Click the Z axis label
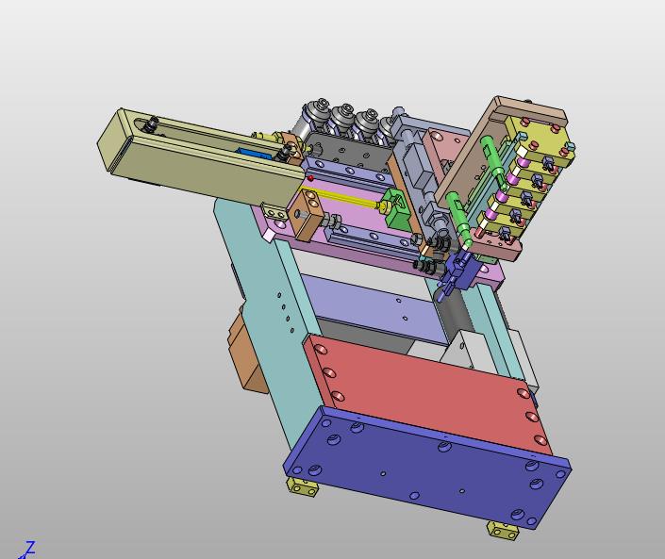coord(29,548)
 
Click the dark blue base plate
coord(426,467)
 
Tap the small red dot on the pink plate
coord(311,178)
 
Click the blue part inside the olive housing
coord(254,153)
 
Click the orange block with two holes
coord(307,214)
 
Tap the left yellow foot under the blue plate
coord(303,486)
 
